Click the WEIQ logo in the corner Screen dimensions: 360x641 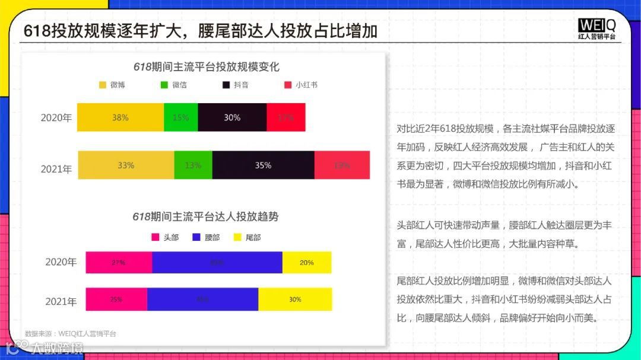tap(596, 28)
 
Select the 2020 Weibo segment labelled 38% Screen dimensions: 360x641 tap(120, 117)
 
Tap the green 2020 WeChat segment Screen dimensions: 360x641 tap(181, 117)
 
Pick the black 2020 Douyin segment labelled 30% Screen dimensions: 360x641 tap(232, 117)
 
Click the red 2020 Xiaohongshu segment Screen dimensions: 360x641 tap(286, 117)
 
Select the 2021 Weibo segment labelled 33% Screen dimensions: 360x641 tap(126, 165)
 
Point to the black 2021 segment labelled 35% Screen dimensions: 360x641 tap(263, 165)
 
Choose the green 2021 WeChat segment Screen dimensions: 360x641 tap(193, 165)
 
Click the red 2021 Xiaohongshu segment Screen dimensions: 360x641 tap(342, 165)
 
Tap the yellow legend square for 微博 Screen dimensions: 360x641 tap(103, 85)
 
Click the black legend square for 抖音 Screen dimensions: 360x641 tap(226, 85)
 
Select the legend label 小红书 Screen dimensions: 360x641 tap(306, 85)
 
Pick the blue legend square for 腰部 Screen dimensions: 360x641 tap(197, 237)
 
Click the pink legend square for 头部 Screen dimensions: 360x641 tap(156, 237)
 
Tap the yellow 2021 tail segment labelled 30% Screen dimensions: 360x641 tap(295, 300)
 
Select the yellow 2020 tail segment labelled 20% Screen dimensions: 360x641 tap(306, 263)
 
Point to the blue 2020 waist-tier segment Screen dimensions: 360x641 tap(217, 263)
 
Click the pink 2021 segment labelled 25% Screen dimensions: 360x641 tap(116, 300)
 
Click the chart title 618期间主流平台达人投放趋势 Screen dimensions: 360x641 tap(205, 216)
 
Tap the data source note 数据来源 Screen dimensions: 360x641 tap(71, 334)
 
